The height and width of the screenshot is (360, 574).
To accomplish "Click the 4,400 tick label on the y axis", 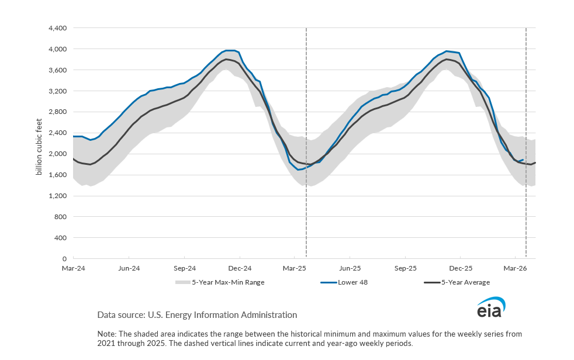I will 58,28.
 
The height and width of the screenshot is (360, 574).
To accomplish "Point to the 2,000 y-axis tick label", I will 58,154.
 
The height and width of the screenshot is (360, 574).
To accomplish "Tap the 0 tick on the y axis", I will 65,258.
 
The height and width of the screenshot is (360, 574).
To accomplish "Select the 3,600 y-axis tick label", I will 58,70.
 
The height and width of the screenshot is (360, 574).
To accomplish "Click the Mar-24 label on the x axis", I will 73,268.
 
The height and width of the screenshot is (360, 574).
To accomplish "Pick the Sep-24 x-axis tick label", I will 184,268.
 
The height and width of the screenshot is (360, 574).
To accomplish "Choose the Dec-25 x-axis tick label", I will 461,268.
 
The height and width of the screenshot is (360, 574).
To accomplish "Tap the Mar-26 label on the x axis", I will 514,268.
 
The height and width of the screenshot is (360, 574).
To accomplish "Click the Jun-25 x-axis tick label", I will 350,268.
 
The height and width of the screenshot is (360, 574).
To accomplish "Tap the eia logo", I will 490,309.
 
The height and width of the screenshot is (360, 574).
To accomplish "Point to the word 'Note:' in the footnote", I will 107,334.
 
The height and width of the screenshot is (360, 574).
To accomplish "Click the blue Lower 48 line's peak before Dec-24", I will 231,50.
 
